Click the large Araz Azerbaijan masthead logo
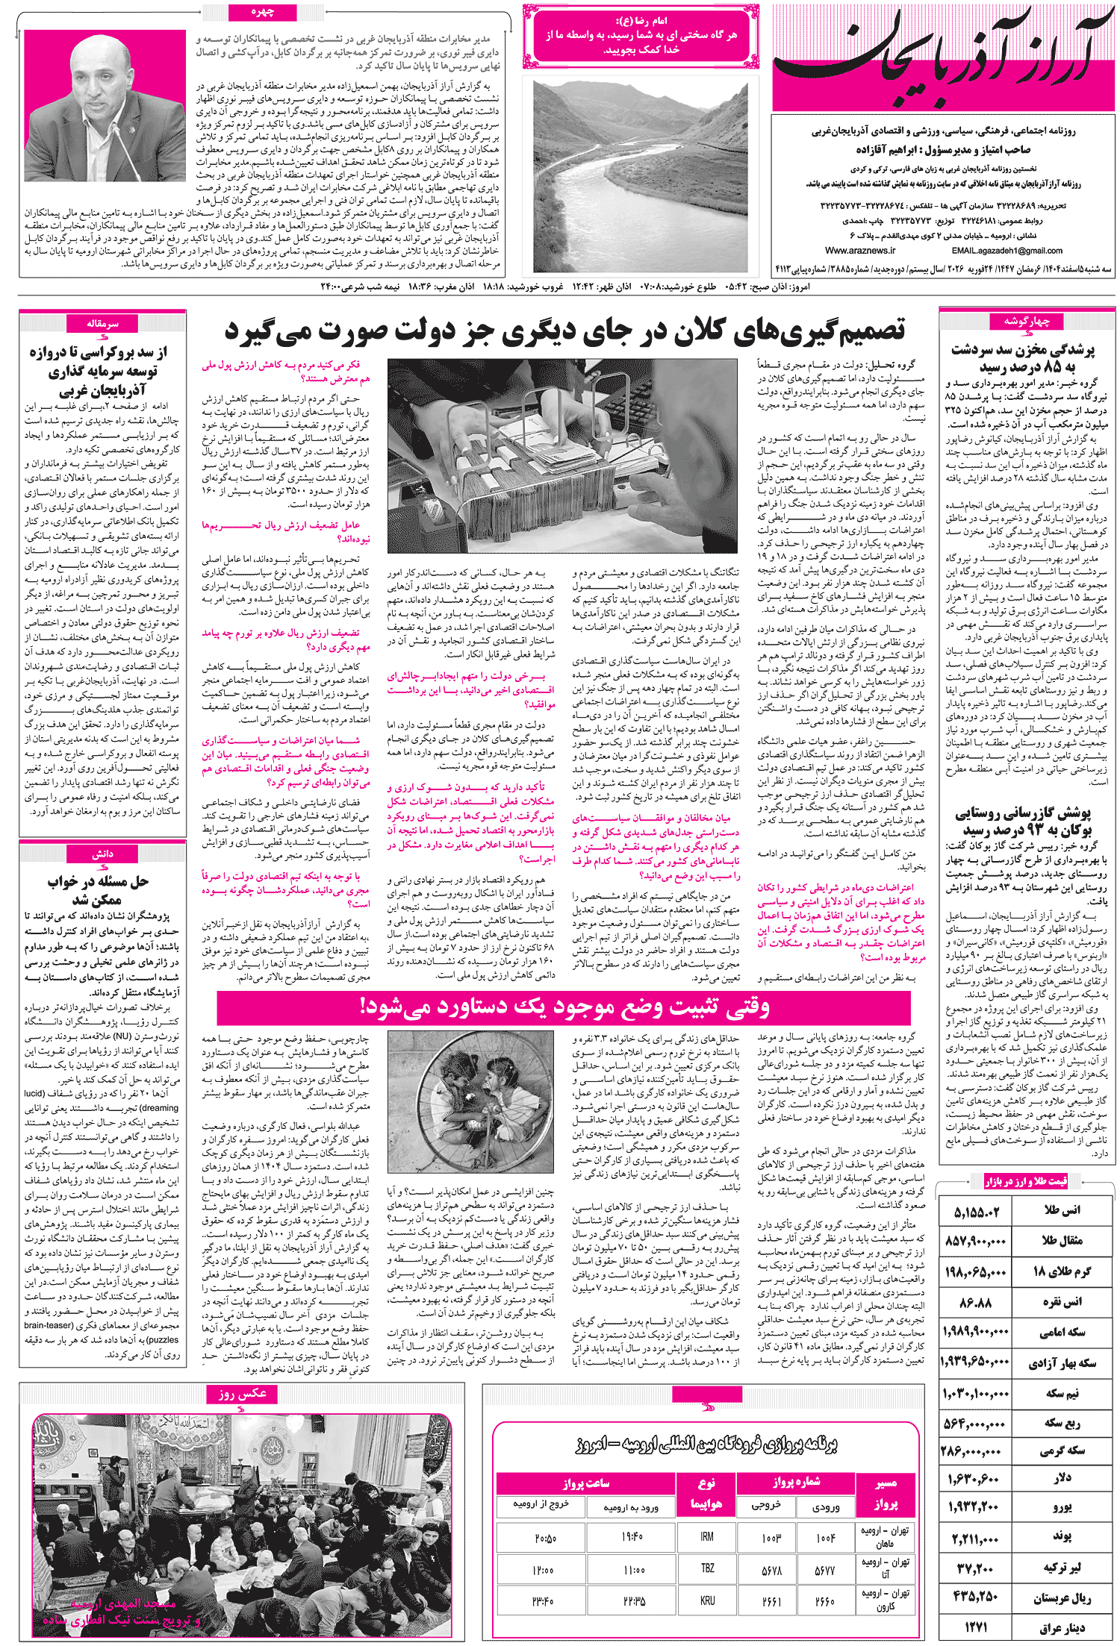(942, 57)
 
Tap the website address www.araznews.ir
(860, 251)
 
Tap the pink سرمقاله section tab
(102, 324)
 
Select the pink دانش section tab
(102, 854)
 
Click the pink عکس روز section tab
(242, 1393)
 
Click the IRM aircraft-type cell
(706, 1536)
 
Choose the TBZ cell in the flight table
(706, 1568)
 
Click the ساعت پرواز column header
(586, 1483)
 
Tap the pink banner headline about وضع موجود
(564, 1008)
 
